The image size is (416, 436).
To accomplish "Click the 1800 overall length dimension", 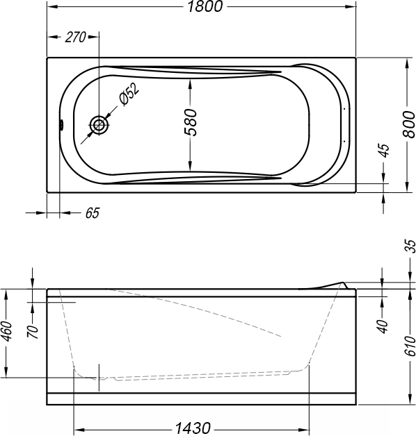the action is (x=205, y=6).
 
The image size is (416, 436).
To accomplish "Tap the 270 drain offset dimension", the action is (x=75, y=37).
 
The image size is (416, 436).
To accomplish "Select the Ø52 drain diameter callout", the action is (x=129, y=94).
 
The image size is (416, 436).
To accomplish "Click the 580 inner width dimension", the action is (x=191, y=123).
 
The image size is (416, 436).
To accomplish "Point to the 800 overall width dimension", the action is (x=409, y=124).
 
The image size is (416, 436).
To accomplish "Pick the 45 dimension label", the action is (x=385, y=151).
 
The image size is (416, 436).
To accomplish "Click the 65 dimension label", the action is (x=93, y=213).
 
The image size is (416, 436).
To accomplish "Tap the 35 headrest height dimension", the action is (x=410, y=246).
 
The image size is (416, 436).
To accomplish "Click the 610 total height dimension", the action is (x=410, y=346).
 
